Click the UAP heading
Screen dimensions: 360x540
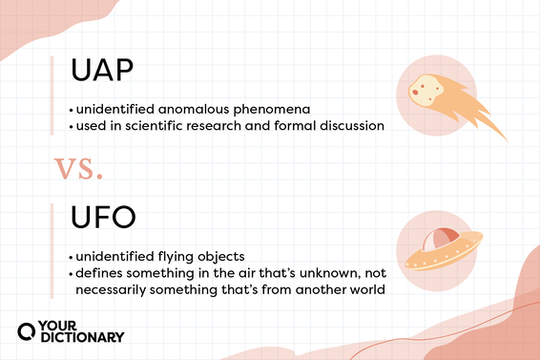[102, 73]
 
